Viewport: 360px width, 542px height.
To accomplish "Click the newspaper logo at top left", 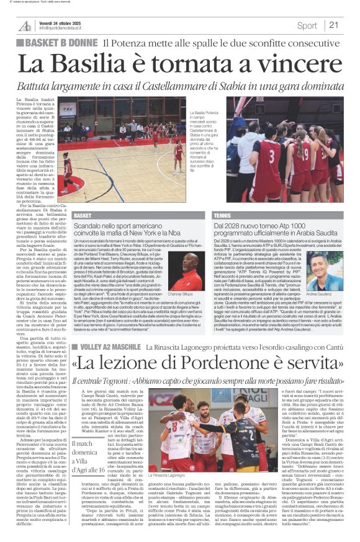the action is (25, 25).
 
